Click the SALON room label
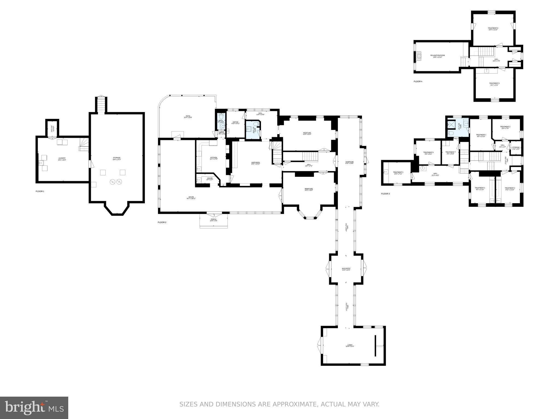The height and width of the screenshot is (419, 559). [x=191, y=198]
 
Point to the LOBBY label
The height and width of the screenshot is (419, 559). [x=350, y=346]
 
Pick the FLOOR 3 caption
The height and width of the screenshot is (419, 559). [x=385, y=194]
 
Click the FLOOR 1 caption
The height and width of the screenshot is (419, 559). [x=40, y=191]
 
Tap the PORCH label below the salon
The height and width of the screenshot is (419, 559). [x=213, y=220]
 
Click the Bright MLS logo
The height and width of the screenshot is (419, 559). [x=34, y=408]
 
